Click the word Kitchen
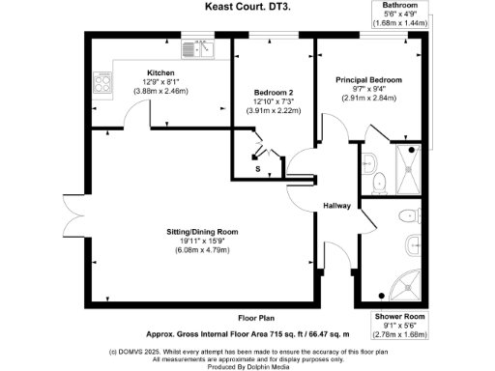click(160, 72)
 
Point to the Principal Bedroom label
click(368, 79)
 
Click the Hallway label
click(336, 206)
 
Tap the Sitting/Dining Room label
click(201, 233)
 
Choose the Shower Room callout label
click(399, 315)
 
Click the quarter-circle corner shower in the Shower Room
click(412, 281)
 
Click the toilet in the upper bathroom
click(378, 178)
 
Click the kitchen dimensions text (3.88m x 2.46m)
click(160, 91)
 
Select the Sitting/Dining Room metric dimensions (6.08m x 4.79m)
click(201, 251)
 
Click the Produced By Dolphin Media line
click(247, 365)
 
